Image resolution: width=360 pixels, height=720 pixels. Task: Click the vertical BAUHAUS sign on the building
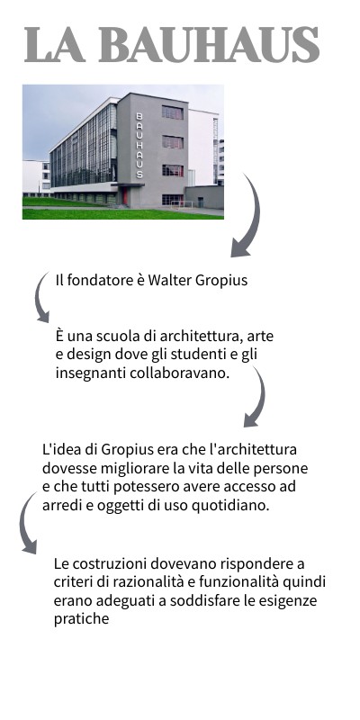pyautogui.click(x=139, y=144)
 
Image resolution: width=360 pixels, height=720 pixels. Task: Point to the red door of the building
pyautogui.click(x=126, y=195)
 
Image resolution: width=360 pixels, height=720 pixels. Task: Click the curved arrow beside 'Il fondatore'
pyautogui.click(x=40, y=297)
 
